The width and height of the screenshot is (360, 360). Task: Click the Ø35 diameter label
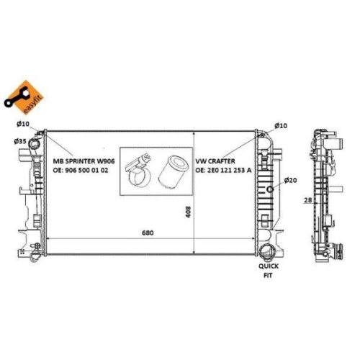tap(20, 142)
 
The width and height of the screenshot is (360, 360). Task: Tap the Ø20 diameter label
tap(291, 180)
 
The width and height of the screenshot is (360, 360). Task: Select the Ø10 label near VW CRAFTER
tap(280, 125)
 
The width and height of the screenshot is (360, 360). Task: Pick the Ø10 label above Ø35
tap(22, 125)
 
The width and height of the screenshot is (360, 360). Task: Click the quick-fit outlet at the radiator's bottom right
tap(269, 252)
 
